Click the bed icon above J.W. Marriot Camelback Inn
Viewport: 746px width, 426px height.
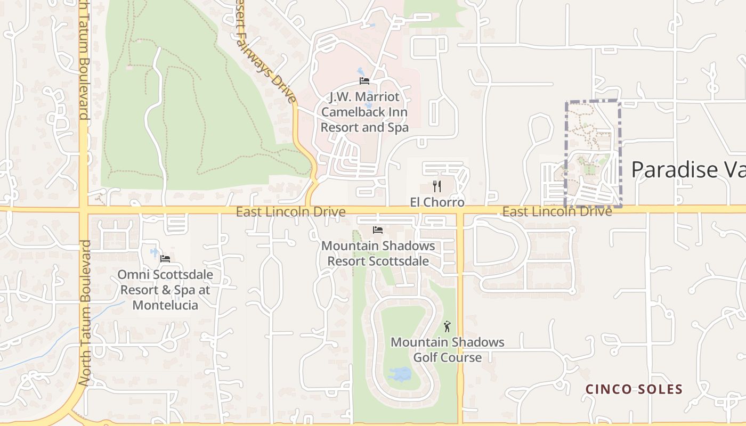pyautogui.click(x=364, y=81)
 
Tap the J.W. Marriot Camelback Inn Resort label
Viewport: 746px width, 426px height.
pyautogui.click(x=364, y=112)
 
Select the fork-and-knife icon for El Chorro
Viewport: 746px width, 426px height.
pyautogui.click(x=437, y=186)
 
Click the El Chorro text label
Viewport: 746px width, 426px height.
pyautogui.click(x=437, y=202)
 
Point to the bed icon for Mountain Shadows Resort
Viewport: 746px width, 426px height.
pyautogui.click(x=378, y=230)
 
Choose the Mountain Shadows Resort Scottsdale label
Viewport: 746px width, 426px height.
pyautogui.click(x=378, y=253)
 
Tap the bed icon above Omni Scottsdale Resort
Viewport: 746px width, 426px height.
pyautogui.click(x=165, y=259)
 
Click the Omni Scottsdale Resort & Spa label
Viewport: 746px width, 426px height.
pyautogui.click(x=165, y=290)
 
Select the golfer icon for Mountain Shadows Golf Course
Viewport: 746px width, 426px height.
pyautogui.click(x=447, y=326)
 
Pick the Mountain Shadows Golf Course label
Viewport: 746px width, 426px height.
pyautogui.click(x=448, y=349)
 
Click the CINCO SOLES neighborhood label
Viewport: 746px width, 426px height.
pyautogui.click(x=634, y=389)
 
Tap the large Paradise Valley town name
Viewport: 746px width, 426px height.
pyautogui.click(x=687, y=169)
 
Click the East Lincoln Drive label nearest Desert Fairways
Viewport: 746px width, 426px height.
pyautogui.click(x=291, y=212)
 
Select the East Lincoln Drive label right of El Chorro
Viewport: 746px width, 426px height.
pyautogui.click(x=557, y=211)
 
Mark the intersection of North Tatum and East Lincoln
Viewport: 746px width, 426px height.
pyautogui.click(x=84, y=209)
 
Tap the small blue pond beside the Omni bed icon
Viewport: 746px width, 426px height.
pyautogui.click(x=155, y=252)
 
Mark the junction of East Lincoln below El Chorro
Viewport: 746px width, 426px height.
pyautogui.click(x=460, y=210)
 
